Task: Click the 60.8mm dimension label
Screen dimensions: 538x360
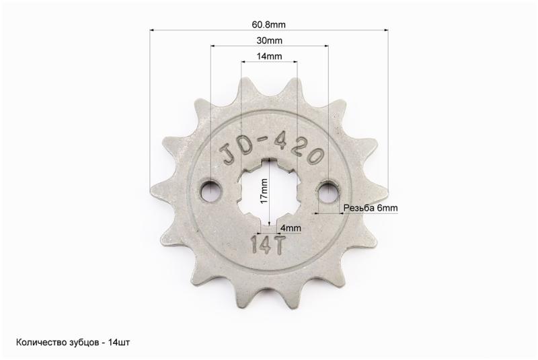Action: point(268,25)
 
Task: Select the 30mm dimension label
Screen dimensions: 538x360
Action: point(270,40)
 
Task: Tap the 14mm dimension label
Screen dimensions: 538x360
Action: point(270,57)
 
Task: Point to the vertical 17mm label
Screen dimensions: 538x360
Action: point(264,191)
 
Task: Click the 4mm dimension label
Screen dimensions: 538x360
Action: point(291,228)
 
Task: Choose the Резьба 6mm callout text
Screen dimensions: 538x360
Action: point(371,208)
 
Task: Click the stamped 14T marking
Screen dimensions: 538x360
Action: point(268,245)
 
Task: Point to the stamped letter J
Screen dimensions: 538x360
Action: point(228,153)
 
